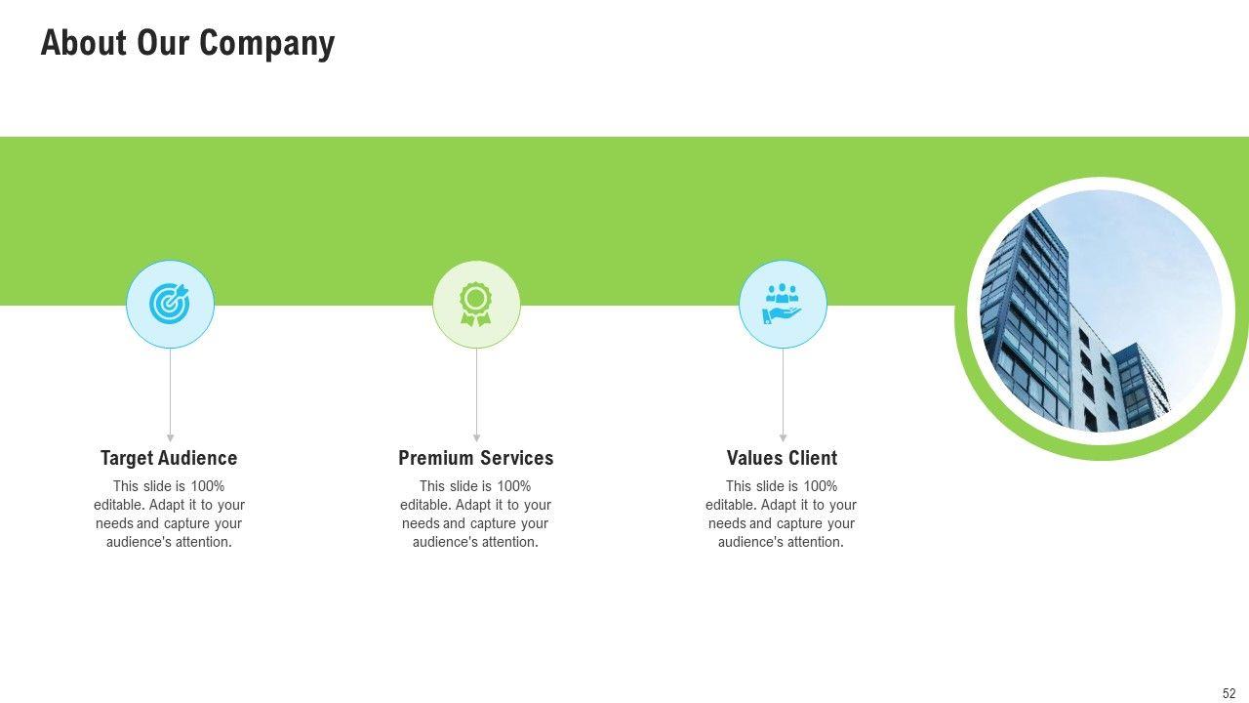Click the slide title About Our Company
[x=187, y=44]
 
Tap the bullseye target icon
[x=170, y=305]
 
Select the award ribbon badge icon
[x=476, y=305]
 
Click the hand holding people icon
[x=783, y=305]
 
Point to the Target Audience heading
[x=169, y=458]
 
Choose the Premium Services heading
[x=475, y=458]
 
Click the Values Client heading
[x=782, y=458]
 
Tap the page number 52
[x=1229, y=693]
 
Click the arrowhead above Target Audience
[x=170, y=437]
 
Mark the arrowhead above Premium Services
[x=476, y=437]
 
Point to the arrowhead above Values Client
[x=783, y=437]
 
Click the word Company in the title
[x=266, y=44]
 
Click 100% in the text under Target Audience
[x=208, y=486]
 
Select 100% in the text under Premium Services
[x=514, y=486]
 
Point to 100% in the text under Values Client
[x=821, y=486]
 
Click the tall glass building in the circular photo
[x=1025, y=322]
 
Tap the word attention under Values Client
[x=812, y=542]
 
